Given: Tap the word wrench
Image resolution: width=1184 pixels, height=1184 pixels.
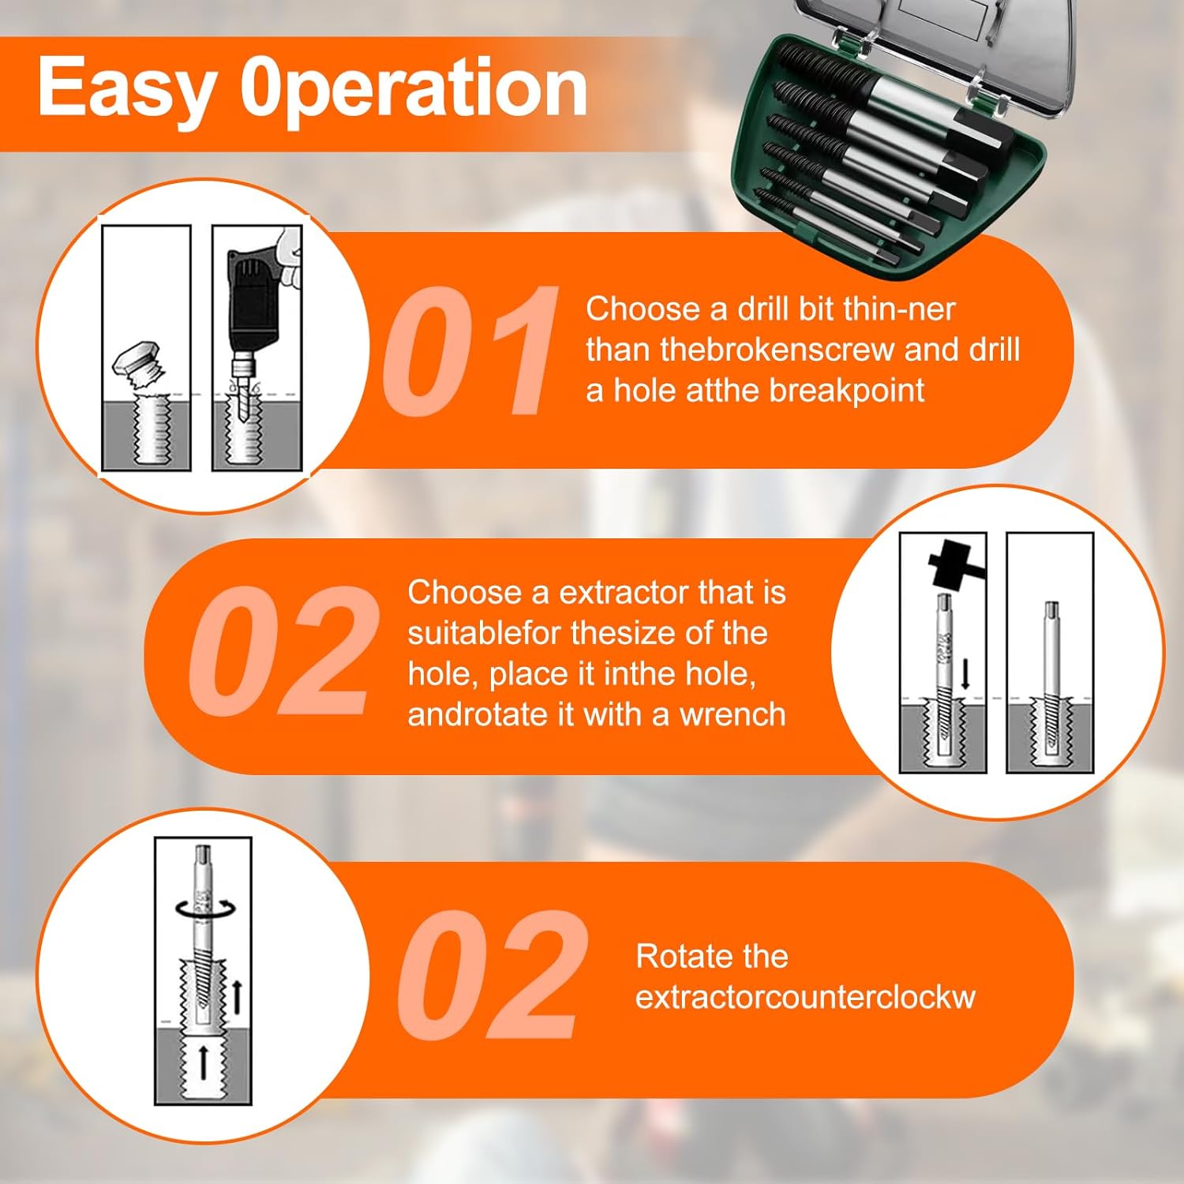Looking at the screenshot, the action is point(733,714).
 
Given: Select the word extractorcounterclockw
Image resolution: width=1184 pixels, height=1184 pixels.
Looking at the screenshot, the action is point(805,997).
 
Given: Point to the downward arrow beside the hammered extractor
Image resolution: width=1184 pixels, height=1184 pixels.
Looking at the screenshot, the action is point(965,674).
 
